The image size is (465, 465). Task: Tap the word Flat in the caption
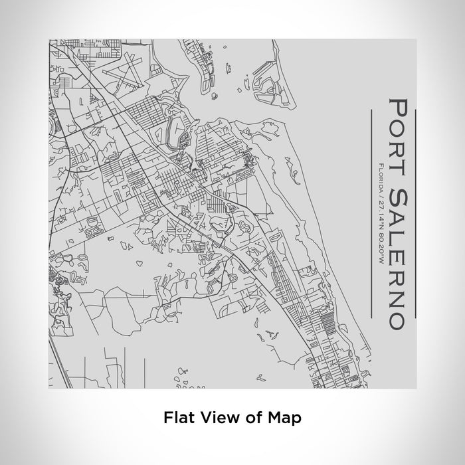[x=177, y=418]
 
